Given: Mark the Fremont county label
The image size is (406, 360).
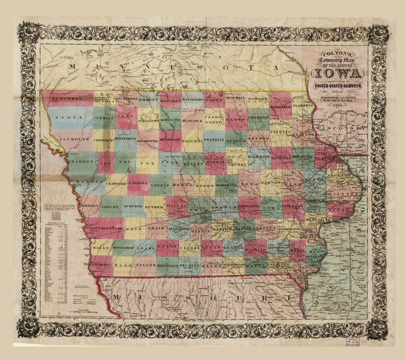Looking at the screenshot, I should tap(100, 264).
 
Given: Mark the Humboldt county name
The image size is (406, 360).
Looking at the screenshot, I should tap(169, 140).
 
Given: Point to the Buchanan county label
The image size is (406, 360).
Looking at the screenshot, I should tap(280, 159).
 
